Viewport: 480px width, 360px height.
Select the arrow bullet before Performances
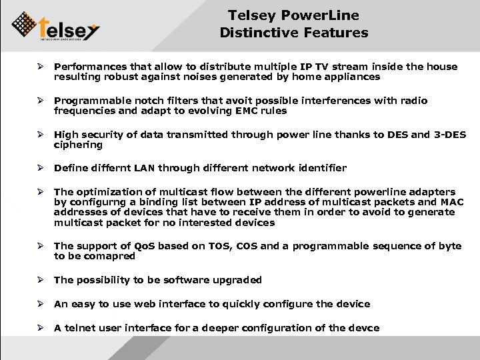click(x=41, y=67)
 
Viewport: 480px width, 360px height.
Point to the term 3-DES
click(x=449, y=134)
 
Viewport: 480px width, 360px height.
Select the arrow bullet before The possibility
click(x=41, y=280)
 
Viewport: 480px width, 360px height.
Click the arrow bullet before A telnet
click(x=41, y=328)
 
